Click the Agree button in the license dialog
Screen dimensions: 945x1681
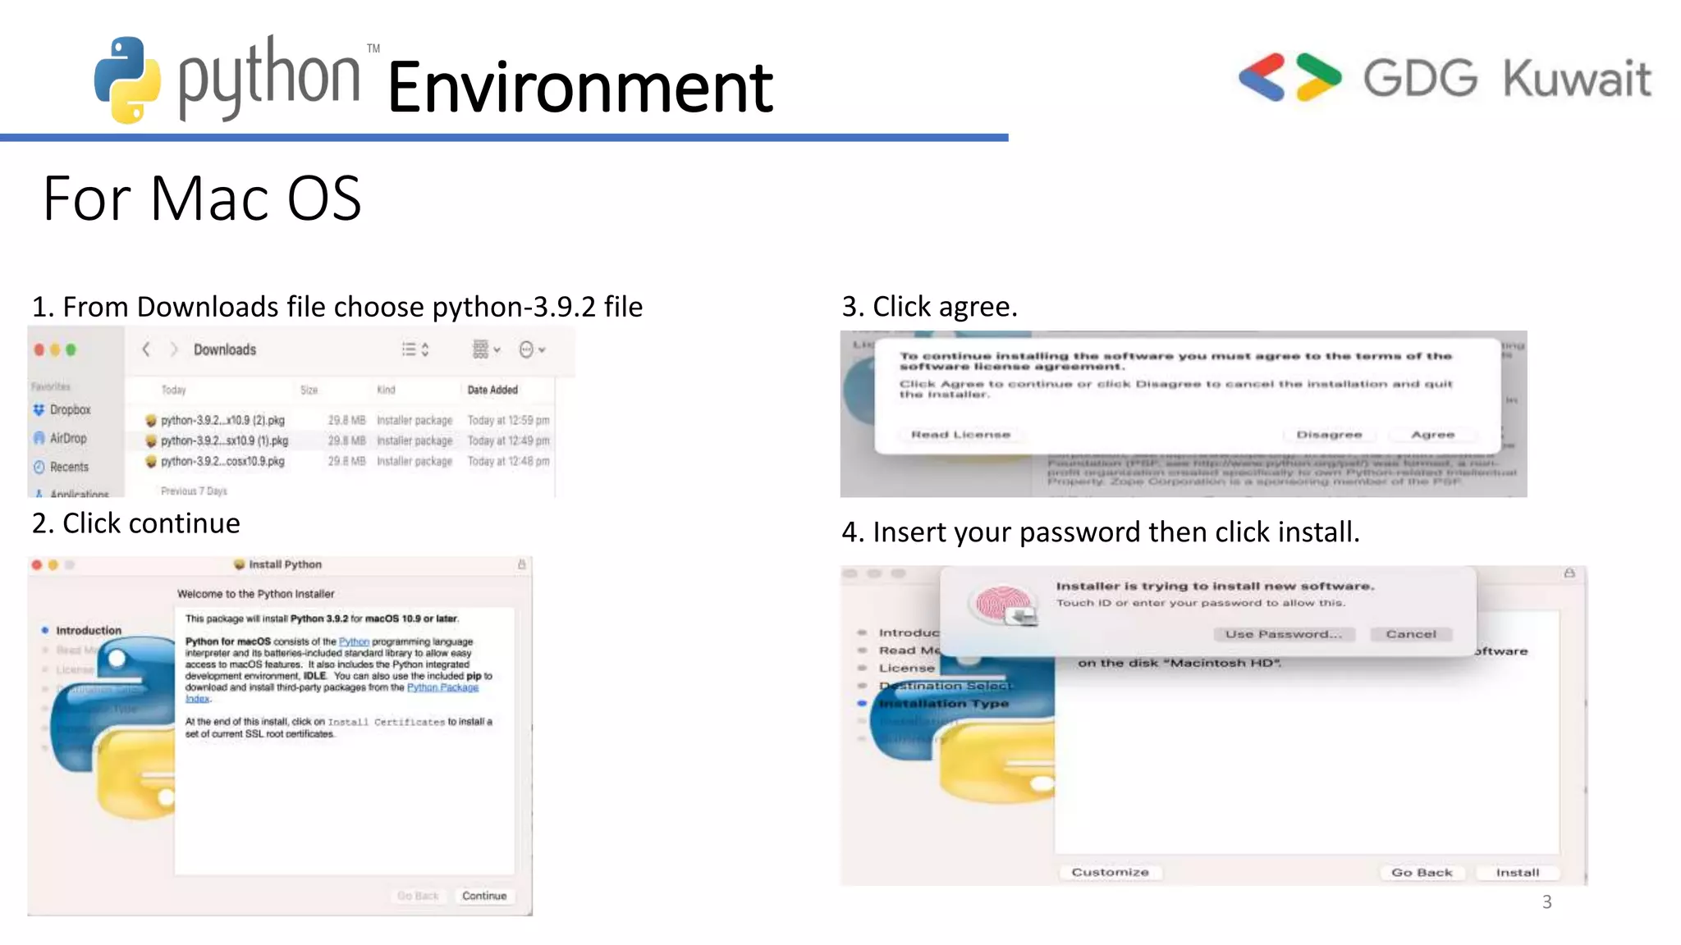coord(1432,435)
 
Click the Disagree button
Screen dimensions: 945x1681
coord(1329,435)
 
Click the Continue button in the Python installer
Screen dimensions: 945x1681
coord(483,896)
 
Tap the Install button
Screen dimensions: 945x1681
coord(1517,873)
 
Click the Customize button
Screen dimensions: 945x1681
coord(1110,872)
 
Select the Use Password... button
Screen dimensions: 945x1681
coord(1284,634)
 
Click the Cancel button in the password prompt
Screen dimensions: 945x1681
coord(1411,634)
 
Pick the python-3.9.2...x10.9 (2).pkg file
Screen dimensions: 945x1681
coord(222,420)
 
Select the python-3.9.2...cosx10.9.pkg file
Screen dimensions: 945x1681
coord(222,461)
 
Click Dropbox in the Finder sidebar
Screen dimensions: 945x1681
coord(70,409)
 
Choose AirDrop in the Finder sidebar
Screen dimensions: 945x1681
coord(67,438)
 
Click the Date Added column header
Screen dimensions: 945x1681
coord(492,390)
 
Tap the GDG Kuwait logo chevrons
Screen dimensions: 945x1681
coord(1289,77)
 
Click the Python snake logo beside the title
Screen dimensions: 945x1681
coord(127,80)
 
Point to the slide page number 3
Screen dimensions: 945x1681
coord(1546,902)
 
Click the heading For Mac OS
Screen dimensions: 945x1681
coord(202,199)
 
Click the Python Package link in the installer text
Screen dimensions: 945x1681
coord(442,687)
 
